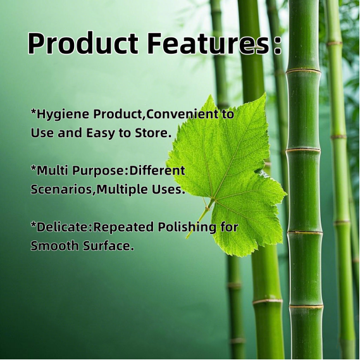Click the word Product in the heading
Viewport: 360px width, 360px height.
(83, 43)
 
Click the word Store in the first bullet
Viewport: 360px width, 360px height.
(152, 133)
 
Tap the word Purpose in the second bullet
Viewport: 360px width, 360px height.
(99, 171)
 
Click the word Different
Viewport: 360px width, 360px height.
(158, 171)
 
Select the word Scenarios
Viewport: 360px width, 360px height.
(61, 190)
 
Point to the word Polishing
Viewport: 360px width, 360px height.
(187, 228)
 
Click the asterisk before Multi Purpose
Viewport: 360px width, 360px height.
(34, 169)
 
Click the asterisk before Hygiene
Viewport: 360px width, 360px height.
(34, 113)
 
